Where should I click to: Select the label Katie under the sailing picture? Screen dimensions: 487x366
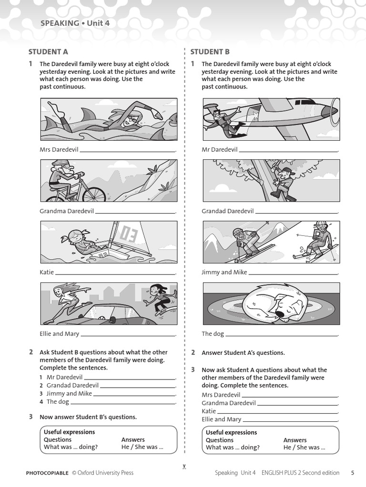coord(47,273)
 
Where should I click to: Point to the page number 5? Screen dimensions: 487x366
coord(352,473)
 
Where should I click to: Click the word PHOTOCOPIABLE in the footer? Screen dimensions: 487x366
coord(47,473)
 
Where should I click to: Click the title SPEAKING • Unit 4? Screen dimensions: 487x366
coord(71,23)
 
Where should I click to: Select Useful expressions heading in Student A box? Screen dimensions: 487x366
coord(69,432)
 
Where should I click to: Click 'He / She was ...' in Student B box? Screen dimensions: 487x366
coord(304,448)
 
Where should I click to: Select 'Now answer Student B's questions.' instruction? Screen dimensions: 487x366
coord(88,417)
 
